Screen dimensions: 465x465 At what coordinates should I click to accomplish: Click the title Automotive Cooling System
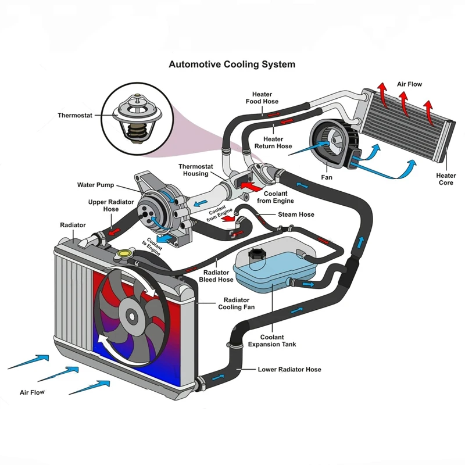232,65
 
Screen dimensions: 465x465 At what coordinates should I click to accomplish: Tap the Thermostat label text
75,115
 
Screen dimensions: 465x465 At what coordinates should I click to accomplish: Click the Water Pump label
96,185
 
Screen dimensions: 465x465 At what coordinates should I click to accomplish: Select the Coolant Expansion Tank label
272,341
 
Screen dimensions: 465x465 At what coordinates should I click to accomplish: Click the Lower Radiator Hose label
289,369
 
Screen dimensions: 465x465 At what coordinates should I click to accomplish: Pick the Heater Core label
446,179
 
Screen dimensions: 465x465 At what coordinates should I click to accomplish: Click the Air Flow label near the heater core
409,84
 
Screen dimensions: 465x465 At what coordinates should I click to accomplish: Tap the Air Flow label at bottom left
33,393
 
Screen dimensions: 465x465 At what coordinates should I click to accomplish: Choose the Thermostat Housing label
196,170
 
